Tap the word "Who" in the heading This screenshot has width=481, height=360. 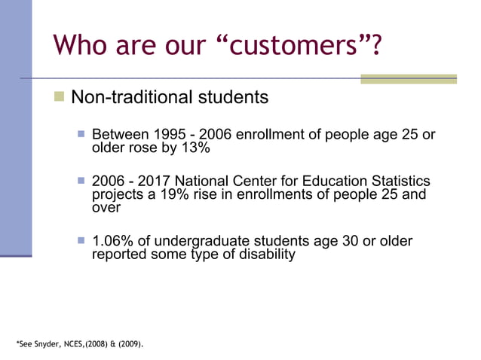(x=82, y=46)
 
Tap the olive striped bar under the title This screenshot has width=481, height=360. (x=408, y=78)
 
